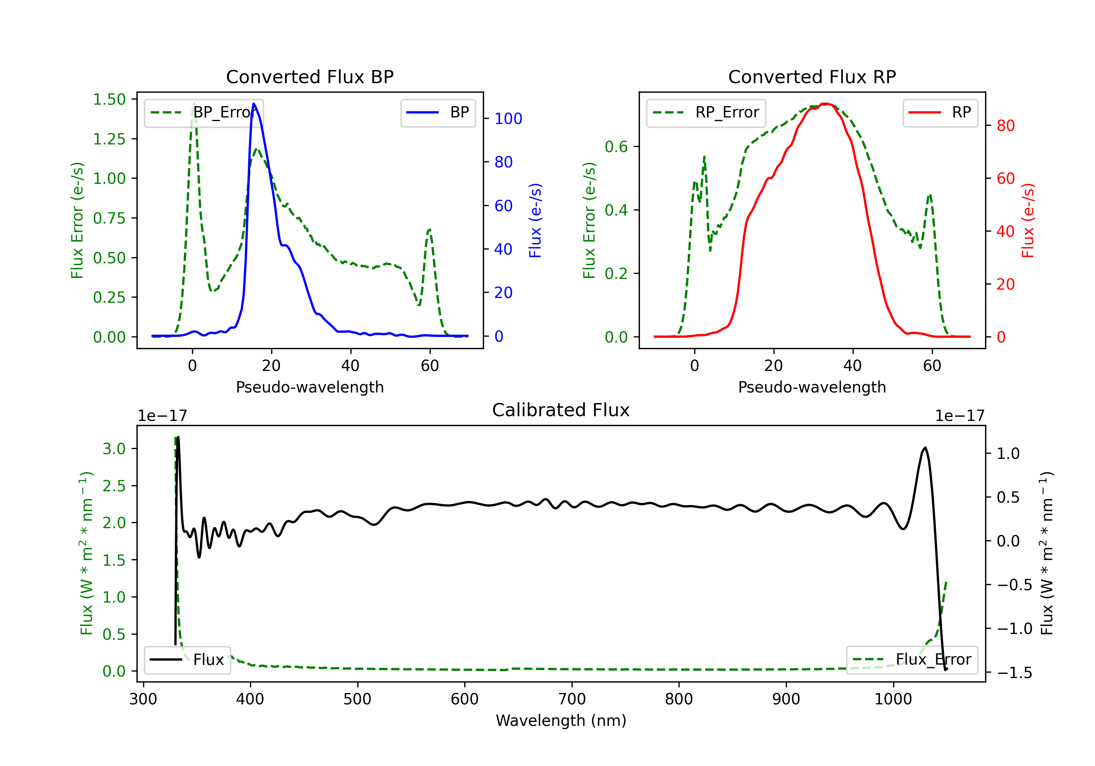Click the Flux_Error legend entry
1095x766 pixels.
912,660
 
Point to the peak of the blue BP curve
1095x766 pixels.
254,104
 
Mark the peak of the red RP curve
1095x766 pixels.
825,104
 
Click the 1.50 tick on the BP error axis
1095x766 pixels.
109,99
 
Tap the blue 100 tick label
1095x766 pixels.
508,119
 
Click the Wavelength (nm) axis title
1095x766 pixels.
561,720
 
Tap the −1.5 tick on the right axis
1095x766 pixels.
1014,673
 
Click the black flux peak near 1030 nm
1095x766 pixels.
925,448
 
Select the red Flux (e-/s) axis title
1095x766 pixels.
1028,221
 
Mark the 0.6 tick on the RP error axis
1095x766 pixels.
616,147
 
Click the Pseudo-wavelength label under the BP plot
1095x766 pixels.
310,387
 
